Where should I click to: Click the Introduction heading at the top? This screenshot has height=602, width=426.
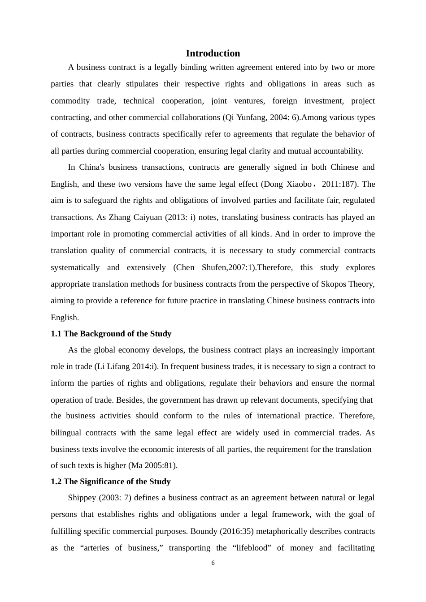[x=213, y=53]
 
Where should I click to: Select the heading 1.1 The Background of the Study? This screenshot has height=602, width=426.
[x=111, y=334]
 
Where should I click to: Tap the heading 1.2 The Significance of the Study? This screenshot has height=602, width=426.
[x=110, y=482]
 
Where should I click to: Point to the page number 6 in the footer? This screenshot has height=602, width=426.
[x=213, y=563]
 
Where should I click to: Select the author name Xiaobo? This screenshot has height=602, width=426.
[x=299, y=184]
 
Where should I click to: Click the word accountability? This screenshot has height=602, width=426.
[x=339, y=151]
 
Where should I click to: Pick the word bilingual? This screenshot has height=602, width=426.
[x=66, y=433]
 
